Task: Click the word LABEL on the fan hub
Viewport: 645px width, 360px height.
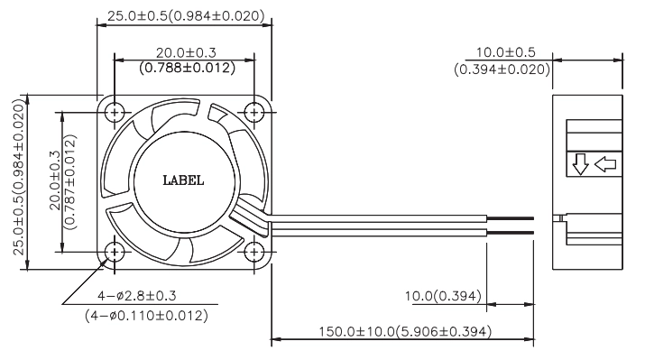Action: point(183,180)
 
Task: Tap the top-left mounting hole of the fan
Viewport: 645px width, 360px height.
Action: point(115,112)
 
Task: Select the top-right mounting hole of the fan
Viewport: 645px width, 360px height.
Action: point(254,112)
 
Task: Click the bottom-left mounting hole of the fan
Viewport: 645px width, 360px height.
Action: point(115,252)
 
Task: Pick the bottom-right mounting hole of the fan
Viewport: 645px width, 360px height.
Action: point(254,252)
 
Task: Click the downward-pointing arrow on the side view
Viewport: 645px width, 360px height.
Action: point(580,164)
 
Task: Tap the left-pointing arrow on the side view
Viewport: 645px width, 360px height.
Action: point(605,164)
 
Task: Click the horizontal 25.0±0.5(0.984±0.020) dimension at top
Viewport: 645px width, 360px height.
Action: point(186,15)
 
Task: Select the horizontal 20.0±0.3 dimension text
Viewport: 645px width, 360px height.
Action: point(186,52)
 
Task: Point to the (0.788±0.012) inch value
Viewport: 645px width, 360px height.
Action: point(187,68)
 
